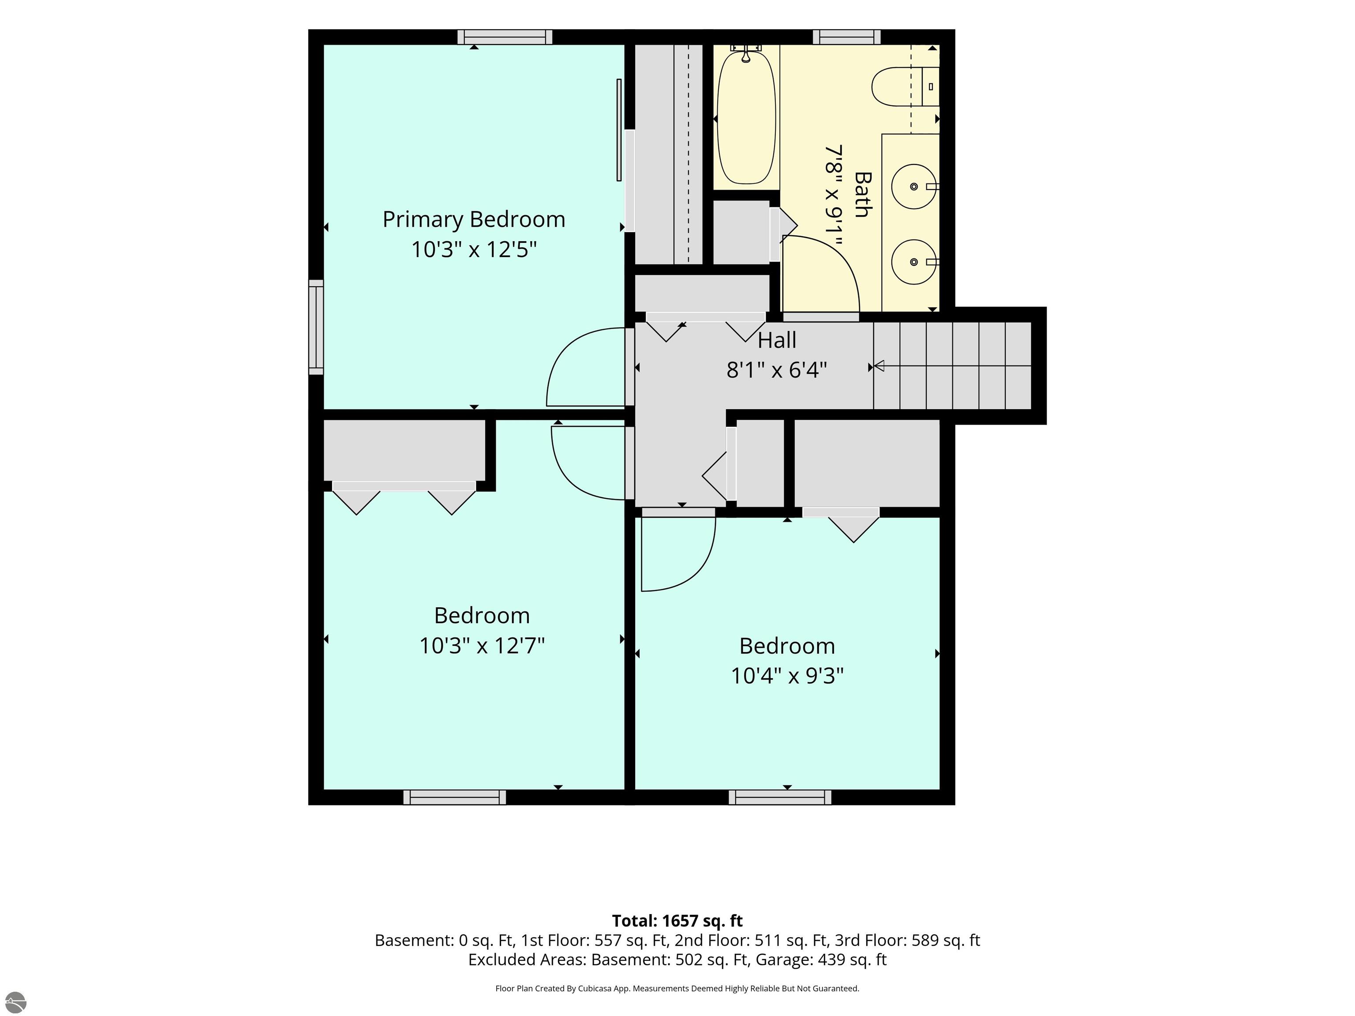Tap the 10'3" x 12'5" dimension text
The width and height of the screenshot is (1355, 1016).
click(x=474, y=250)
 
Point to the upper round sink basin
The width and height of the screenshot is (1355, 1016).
click(x=914, y=186)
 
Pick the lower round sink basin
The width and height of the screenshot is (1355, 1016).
click(x=914, y=262)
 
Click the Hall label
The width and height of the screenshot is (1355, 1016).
click(x=777, y=340)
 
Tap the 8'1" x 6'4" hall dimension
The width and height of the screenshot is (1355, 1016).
click(x=777, y=370)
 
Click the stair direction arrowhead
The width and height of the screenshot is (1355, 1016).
click(x=879, y=366)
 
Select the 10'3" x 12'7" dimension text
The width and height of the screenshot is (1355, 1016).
click(x=482, y=646)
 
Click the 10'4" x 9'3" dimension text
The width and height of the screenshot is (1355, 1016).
click(x=787, y=676)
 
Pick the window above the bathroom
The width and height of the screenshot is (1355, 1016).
click(x=846, y=37)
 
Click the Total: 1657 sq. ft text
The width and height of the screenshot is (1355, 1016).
click(x=677, y=921)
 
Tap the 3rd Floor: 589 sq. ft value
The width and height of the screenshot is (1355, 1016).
click(x=907, y=940)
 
